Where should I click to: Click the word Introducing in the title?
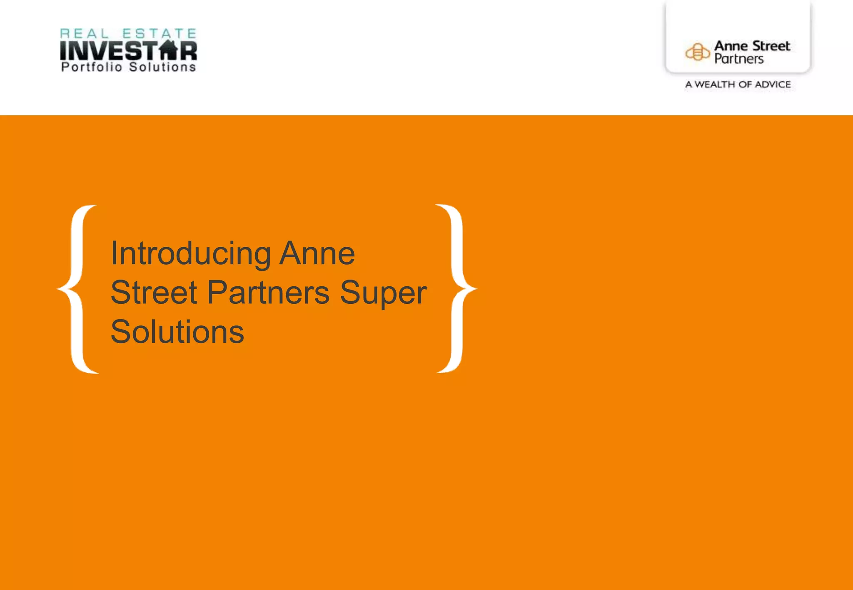pyautogui.click(x=191, y=253)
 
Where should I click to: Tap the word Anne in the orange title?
pyautogui.click(x=317, y=253)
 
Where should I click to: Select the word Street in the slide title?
pyautogui.click(x=154, y=293)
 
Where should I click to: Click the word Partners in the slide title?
pyautogui.click(x=268, y=293)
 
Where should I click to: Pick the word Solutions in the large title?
pyautogui.click(x=177, y=332)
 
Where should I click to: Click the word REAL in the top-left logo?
pyautogui.click(x=85, y=34)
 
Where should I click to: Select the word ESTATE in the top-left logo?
pyautogui.click(x=159, y=34)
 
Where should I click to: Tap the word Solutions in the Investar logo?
pyautogui.click(x=162, y=67)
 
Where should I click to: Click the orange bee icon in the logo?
pyautogui.click(x=697, y=52)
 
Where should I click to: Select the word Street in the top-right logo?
pyautogui.click(x=771, y=46)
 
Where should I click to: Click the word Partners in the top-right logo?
pyautogui.click(x=739, y=59)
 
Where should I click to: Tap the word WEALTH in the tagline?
pyautogui.click(x=715, y=84)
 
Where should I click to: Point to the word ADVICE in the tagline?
pyautogui.click(x=773, y=84)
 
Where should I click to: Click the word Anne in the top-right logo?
pyautogui.click(x=731, y=46)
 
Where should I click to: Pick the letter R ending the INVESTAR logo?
pyautogui.click(x=188, y=50)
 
